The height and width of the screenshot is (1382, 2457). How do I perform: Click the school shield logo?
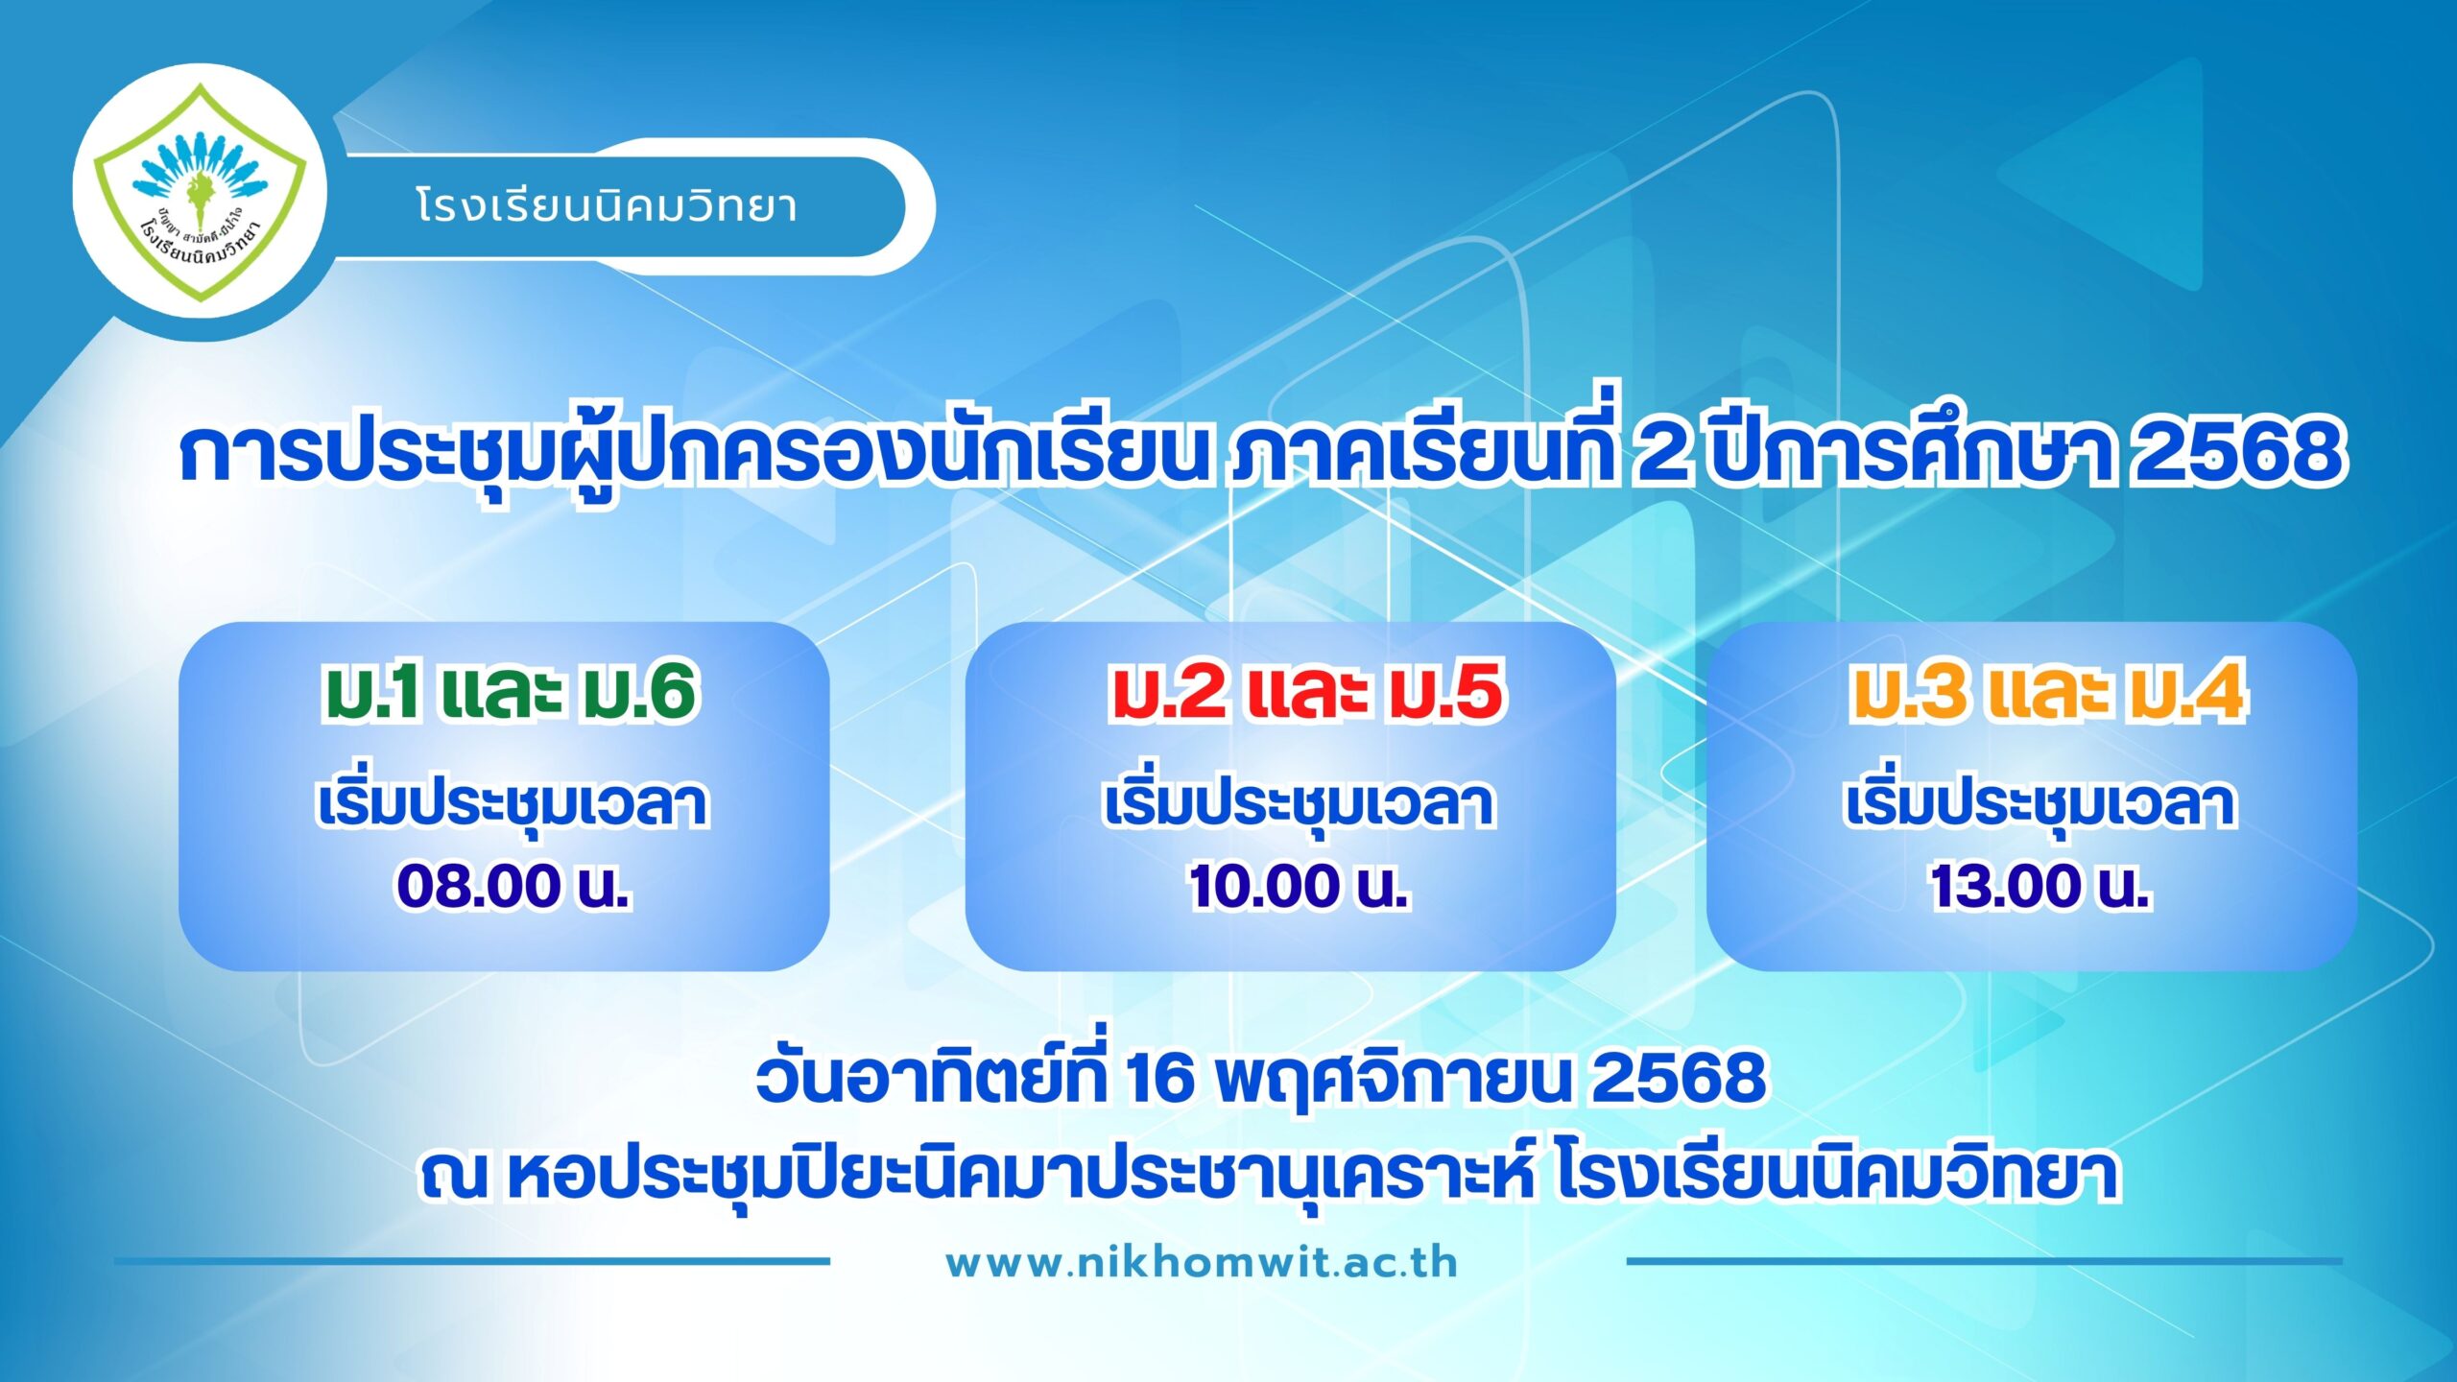click(x=200, y=192)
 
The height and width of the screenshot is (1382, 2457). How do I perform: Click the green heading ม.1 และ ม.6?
click(x=509, y=691)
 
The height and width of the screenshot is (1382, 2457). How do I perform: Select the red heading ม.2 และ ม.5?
click(x=1306, y=691)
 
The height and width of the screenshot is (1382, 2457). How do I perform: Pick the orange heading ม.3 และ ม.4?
click(x=2047, y=691)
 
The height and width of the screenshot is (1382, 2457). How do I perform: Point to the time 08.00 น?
click(x=513, y=885)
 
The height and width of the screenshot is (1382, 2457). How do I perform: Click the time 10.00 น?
click(x=1299, y=885)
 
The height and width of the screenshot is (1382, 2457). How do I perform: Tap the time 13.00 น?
click(x=2040, y=885)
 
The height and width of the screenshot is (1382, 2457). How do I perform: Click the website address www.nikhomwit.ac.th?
click(x=1202, y=1263)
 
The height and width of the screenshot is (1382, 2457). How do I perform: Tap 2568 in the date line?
click(x=1679, y=1078)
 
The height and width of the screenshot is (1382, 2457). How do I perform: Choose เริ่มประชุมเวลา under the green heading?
click(x=513, y=804)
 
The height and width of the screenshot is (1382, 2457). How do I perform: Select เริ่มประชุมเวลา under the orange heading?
click(x=2040, y=804)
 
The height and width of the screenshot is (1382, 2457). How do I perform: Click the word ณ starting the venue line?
click(x=455, y=1177)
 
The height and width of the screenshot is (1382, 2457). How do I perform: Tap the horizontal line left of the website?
click(x=471, y=1261)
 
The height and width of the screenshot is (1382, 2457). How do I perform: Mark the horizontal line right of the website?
click(x=1984, y=1261)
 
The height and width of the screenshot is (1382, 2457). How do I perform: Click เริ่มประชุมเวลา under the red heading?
click(x=1299, y=804)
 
